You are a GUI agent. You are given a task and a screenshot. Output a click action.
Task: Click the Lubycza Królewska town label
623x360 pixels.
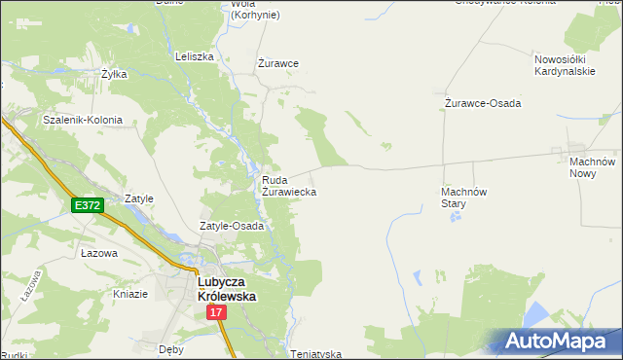pos(227,288)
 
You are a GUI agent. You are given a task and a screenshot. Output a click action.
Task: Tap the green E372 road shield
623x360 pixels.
pos(87,205)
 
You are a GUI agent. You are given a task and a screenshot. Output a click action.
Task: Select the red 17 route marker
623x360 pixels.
pos(216,312)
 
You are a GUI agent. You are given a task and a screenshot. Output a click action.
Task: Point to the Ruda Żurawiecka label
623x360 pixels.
pos(288,186)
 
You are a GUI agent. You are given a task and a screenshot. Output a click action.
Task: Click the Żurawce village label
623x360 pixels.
pos(277,63)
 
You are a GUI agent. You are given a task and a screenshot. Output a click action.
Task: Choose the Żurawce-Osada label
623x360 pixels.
pos(483,102)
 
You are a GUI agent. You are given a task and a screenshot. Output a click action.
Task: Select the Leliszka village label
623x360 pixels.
pos(194,56)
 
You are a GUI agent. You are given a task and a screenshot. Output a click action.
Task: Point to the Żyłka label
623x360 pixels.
pos(115,74)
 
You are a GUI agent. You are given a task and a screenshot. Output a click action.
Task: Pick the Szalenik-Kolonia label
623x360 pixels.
pos(83,120)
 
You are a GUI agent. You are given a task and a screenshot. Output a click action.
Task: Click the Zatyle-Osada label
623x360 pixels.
pos(232,226)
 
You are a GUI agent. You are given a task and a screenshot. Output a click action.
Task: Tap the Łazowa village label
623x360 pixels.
pos(99,253)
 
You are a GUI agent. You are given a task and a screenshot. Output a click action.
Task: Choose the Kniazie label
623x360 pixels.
pos(130,294)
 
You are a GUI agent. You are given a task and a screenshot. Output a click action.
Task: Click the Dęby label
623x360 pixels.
pos(171,347)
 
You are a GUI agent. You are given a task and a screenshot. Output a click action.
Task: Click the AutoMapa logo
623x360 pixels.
pos(560,342)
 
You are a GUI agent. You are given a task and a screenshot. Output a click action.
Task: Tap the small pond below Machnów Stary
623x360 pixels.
pos(455,218)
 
